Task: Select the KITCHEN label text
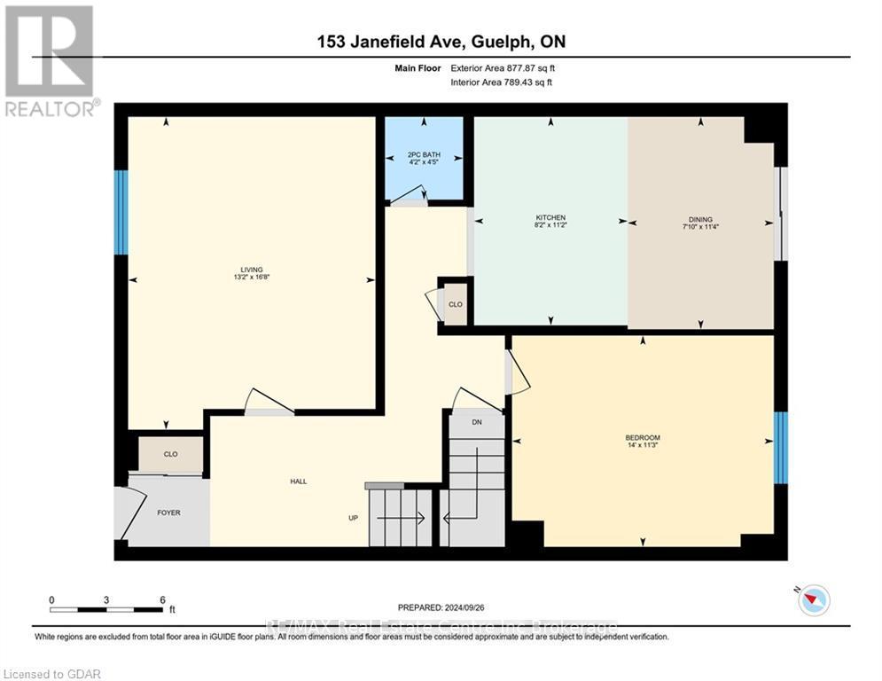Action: pos(550,218)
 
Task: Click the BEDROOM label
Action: pos(643,438)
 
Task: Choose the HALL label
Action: pos(298,481)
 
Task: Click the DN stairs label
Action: pos(476,422)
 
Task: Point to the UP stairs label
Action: pos(353,518)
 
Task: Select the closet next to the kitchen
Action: pos(455,304)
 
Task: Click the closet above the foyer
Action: pos(170,454)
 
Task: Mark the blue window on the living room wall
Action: pos(121,212)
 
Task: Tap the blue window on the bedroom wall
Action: pos(781,448)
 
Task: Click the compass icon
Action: pos(813,600)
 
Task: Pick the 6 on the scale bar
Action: pos(161,599)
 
